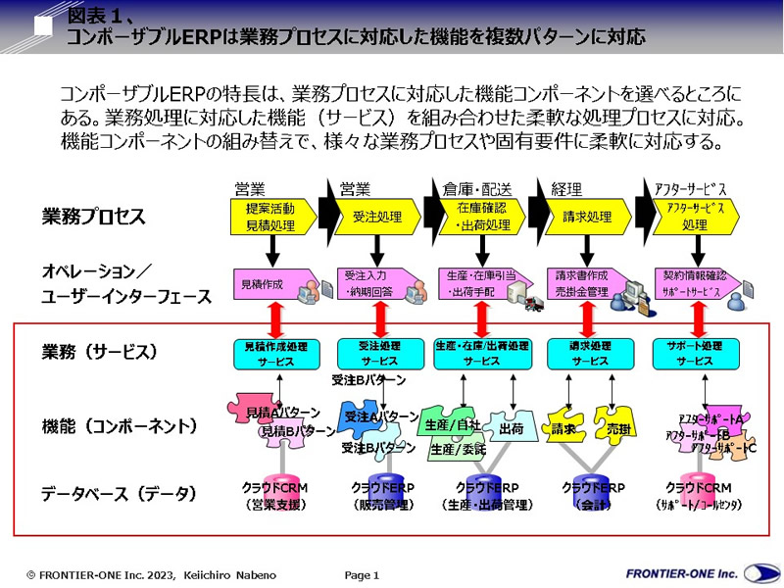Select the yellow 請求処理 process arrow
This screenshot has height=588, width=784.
(x=585, y=216)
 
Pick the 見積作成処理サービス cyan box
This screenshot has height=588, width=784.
(x=276, y=353)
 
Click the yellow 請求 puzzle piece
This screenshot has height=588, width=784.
(x=563, y=427)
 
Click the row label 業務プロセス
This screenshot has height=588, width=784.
(x=93, y=215)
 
